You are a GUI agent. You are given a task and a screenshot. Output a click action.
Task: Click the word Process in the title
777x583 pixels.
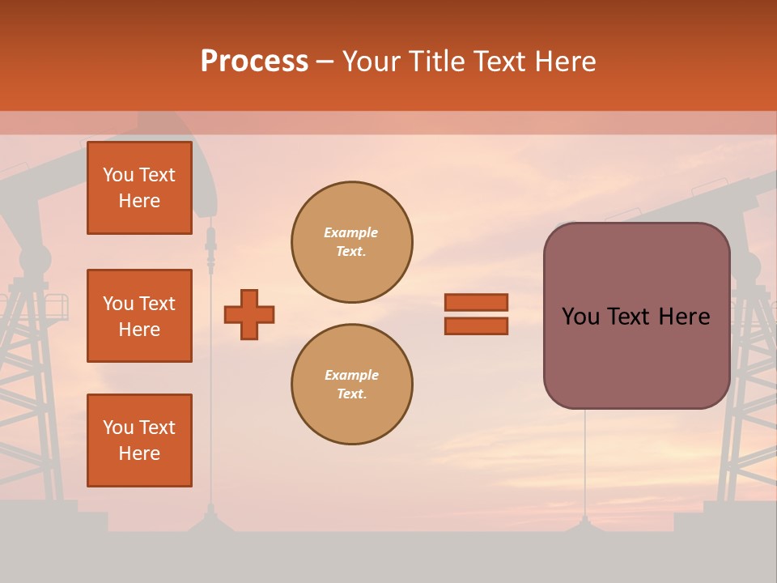pyautogui.click(x=254, y=62)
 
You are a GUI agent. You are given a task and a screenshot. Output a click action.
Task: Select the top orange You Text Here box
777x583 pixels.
pyautogui.click(x=139, y=188)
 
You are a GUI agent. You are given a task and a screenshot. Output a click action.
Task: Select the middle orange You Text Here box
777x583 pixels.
pyautogui.click(x=139, y=316)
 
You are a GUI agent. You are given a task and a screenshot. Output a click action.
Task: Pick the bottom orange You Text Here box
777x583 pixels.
pyautogui.click(x=139, y=440)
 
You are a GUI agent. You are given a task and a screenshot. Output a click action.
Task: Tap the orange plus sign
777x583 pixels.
pyautogui.click(x=249, y=314)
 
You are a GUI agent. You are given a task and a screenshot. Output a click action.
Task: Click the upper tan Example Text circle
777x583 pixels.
pyautogui.click(x=351, y=242)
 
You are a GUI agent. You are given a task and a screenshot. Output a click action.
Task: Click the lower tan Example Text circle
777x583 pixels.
pyautogui.click(x=351, y=385)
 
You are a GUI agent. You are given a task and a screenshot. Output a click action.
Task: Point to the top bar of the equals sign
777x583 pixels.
pyautogui.click(x=476, y=302)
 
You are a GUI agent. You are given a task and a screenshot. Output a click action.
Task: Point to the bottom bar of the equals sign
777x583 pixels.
pyautogui.click(x=476, y=326)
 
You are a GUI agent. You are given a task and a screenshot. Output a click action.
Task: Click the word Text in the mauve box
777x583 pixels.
pyautogui.click(x=630, y=317)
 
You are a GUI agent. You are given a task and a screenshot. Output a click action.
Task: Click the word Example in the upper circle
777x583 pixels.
pyautogui.click(x=350, y=233)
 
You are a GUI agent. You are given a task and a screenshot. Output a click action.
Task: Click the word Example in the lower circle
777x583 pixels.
pyautogui.click(x=351, y=376)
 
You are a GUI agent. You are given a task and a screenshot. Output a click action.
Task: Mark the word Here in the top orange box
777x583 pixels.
pyautogui.click(x=139, y=201)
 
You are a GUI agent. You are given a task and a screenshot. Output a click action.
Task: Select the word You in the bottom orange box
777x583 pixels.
pyautogui.click(x=117, y=428)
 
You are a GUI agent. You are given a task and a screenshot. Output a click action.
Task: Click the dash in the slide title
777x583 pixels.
pyautogui.click(x=325, y=62)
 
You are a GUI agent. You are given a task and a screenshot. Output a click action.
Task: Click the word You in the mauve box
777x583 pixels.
pyautogui.click(x=580, y=317)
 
